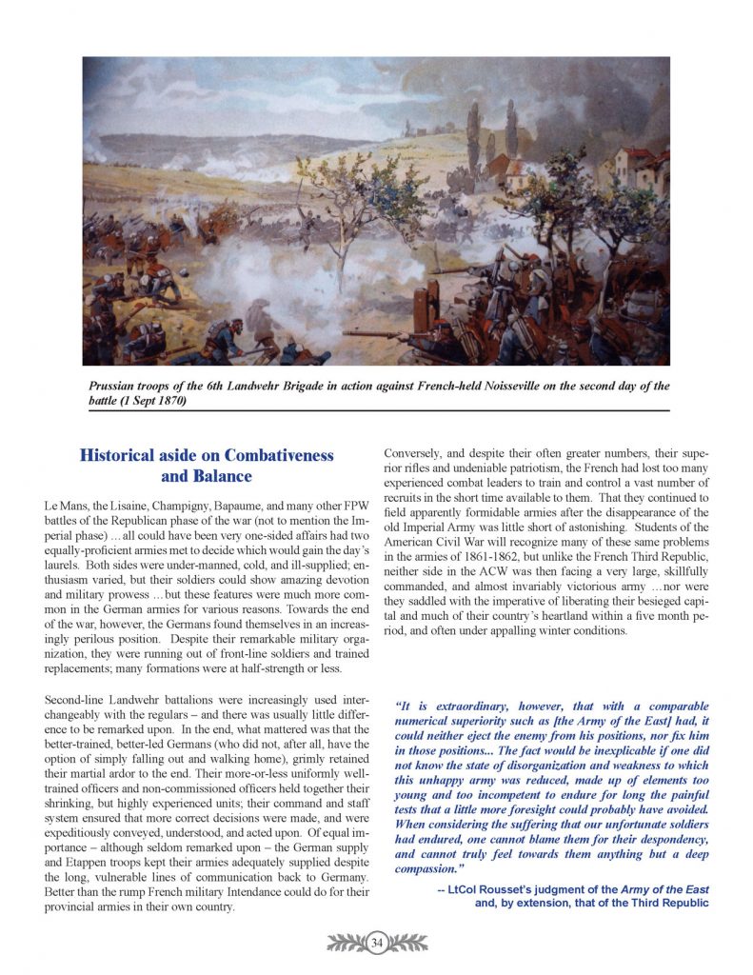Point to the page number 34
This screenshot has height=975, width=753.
click(x=376, y=943)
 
